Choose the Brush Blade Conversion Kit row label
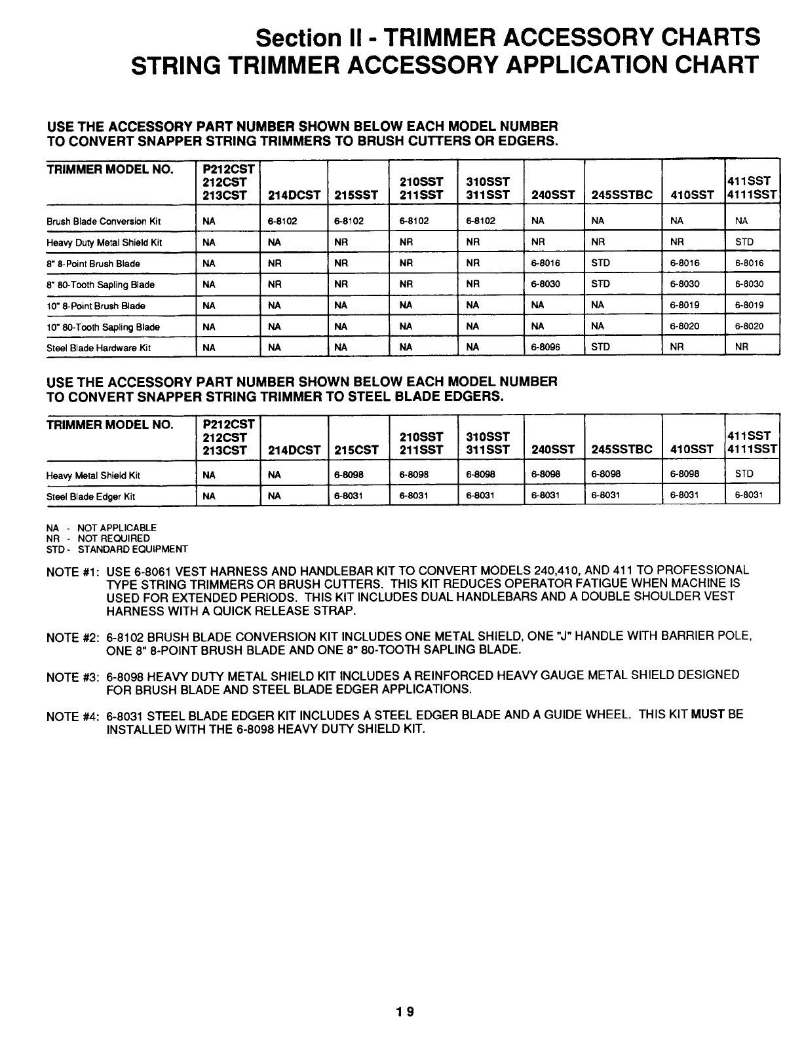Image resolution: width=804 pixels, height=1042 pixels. (104, 221)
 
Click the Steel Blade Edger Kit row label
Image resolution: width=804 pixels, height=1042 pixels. (90, 496)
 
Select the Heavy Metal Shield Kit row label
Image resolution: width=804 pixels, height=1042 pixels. (94, 475)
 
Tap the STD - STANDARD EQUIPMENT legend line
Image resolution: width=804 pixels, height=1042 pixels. (117, 549)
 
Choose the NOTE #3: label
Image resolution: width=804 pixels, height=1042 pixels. (73, 677)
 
